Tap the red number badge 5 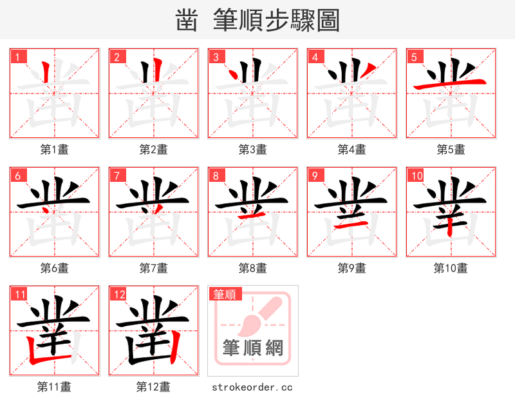click(414, 57)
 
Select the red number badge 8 click(216, 175)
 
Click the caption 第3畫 click(252, 150)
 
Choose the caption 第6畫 click(54, 268)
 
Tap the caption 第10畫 click(451, 268)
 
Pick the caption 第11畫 click(54, 387)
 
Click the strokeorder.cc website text click(252, 387)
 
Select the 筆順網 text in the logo click(253, 348)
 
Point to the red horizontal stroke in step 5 click(451, 84)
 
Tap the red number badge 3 click(216, 57)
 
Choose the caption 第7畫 click(153, 268)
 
